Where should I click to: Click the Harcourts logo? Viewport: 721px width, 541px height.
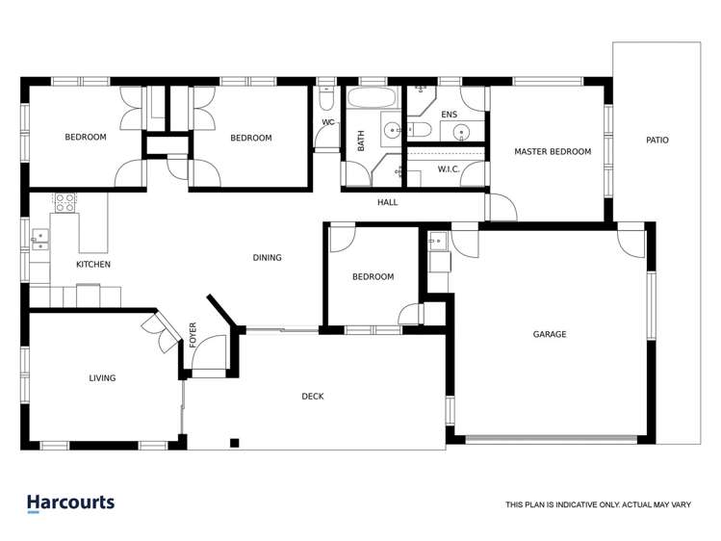pyautogui.click(x=70, y=502)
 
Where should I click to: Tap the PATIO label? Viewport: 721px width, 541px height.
pyautogui.click(x=657, y=141)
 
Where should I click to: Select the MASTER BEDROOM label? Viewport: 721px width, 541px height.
pyautogui.click(x=553, y=151)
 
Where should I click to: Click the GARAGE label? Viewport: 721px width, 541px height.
pyautogui.click(x=550, y=334)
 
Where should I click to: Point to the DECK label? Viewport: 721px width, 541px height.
pyautogui.click(x=313, y=396)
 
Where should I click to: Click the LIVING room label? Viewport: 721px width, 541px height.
pyautogui.click(x=102, y=378)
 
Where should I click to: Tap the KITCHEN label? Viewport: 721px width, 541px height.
pyautogui.click(x=93, y=264)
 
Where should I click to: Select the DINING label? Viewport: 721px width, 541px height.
pyautogui.click(x=267, y=257)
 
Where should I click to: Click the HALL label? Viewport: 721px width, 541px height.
pyautogui.click(x=387, y=202)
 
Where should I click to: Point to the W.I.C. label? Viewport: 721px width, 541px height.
pyautogui.click(x=449, y=170)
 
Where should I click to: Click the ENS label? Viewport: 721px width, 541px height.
pyautogui.click(x=449, y=115)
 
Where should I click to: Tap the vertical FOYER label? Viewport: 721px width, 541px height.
pyautogui.click(x=193, y=333)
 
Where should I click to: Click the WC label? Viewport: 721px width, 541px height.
pyautogui.click(x=327, y=122)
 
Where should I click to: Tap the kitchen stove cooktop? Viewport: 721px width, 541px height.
pyautogui.click(x=65, y=202)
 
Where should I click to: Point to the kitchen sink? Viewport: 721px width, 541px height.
pyautogui.click(x=41, y=239)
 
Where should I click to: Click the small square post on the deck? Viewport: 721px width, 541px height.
pyautogui.click(x=233, y=443)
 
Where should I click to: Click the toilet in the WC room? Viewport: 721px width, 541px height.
pyautogui.click(x=325, y=101)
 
